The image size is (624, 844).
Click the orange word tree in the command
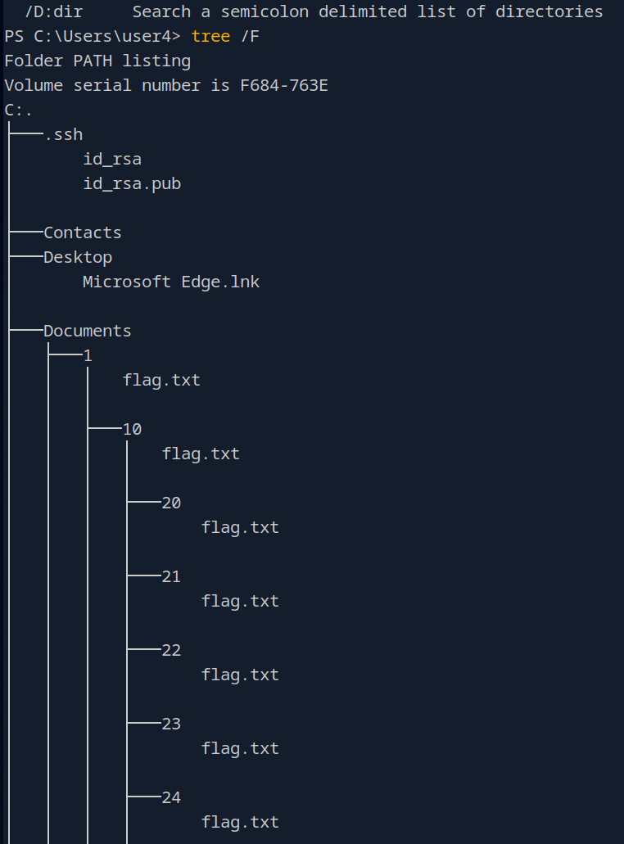tap(210, 37)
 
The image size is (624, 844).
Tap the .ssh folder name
tap(63, 134)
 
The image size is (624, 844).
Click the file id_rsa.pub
tap(132, 183)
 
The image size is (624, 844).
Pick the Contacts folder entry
tap(83, 232)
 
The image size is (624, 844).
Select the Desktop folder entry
tap(78, 257)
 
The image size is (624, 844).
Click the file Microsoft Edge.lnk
tap(171, 282)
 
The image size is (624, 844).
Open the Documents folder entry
tap(88, 331)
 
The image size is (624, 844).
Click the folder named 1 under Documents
tap(88, 355)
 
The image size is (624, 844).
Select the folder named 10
tap(132, 429)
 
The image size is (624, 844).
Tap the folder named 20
tap(171, 503)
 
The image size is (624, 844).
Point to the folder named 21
tap(171, 576)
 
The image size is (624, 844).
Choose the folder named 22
tap(171, 650)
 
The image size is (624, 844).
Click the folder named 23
tap(171, 724)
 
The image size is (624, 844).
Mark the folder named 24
tap(171, 797)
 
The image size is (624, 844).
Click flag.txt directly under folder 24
tap(240, 822)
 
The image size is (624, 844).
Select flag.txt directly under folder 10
tap(201, 454)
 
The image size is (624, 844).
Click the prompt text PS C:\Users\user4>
tap(93, 37)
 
